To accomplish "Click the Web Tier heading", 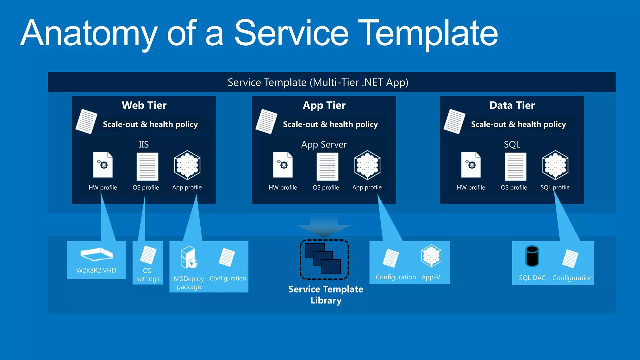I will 144,105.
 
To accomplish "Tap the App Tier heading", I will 324,105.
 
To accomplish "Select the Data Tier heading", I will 512,105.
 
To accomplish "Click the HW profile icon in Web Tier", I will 103,165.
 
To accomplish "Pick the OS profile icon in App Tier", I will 327,167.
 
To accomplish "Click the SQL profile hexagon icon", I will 555,165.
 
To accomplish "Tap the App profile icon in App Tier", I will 367,165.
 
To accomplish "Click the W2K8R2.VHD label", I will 96,270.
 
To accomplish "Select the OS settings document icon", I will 148,255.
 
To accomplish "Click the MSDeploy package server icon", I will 189,257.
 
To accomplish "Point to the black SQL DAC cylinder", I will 532,256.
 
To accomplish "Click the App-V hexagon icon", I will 431,256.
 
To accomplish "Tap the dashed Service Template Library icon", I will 324,259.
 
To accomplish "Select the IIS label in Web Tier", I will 143,144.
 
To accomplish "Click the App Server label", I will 324,144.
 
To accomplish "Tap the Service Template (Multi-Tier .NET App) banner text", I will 318,82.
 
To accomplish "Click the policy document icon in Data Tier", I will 454,121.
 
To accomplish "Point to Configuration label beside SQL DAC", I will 572,278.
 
